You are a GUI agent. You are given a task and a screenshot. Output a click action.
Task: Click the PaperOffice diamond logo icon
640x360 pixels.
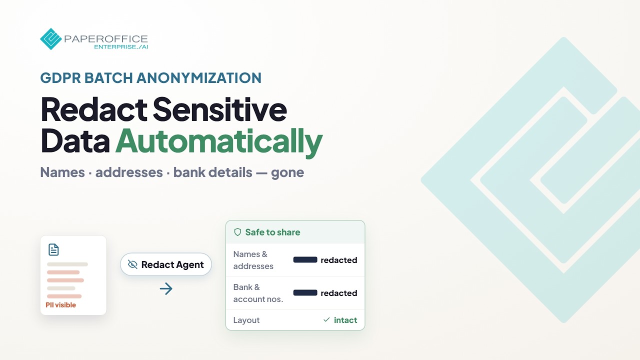tap(51, 39)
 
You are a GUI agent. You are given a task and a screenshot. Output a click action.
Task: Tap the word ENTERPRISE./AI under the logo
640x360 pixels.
tap(121, 47)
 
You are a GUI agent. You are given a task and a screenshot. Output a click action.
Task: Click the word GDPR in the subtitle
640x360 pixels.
tap(60, 77)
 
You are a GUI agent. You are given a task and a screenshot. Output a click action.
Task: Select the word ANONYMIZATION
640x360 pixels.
tap(199, 77)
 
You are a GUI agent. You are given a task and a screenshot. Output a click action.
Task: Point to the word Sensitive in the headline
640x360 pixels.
tap(219, 109)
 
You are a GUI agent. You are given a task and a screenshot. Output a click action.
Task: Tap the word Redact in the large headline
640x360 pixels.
tap(94, 109)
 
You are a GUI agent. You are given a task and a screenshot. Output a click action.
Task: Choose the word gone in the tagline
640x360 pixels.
tap(287, 173)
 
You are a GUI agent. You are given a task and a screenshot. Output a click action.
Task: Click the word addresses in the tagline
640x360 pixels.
tap(129, 172)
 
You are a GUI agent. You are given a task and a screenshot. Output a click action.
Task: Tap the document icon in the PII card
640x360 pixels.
tap(53, 249)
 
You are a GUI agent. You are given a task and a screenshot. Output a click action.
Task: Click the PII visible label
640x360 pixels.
tap(61, 305)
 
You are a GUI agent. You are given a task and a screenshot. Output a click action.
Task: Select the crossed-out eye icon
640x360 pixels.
tap(132, 264)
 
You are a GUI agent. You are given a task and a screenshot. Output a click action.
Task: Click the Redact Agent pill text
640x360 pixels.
tap(172, 265)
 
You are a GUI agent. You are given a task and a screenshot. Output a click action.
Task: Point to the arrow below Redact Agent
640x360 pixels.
tap(166, 288)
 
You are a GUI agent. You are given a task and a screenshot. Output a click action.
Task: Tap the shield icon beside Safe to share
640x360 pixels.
tap(237, 232)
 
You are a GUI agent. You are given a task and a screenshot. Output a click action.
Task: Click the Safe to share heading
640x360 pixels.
tap(273, 232)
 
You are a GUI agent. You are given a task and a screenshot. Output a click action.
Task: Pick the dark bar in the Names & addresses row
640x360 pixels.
tap(305, 259)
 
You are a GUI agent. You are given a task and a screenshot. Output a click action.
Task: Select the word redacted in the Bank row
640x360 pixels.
tap(339, 293)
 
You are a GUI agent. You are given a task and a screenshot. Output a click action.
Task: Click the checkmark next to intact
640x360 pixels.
tap(326, 319)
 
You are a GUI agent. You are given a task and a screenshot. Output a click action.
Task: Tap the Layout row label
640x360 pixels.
tap(246, 320)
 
